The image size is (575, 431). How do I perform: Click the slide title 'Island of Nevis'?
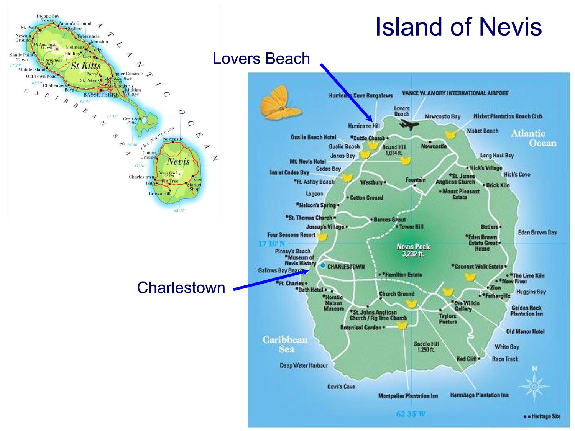click(x=458, y=27)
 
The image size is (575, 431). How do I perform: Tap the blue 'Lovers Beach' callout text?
click(x=261, y=59)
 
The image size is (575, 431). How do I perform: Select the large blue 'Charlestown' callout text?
click(x=181, y=287)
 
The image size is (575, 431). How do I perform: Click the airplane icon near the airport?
click(x=409, y=124)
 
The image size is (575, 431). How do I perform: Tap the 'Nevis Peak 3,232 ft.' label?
click(x=413, y=250)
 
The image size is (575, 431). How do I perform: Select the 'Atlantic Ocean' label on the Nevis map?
click(x=534, y=138)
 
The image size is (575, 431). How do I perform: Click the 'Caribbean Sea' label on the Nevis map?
click(x=285, y=344)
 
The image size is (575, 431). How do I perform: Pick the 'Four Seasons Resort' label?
click(x=291, y=234)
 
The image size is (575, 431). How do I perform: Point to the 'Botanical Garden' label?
click(x=361, y=327)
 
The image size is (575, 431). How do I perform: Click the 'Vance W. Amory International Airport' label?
click(x=455, y=93)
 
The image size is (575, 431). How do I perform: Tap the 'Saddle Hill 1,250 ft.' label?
click(x=426, y=347)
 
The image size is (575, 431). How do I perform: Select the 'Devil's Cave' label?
click(x=341, y=387)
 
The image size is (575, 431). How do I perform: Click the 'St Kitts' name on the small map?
click(x=85, y=66)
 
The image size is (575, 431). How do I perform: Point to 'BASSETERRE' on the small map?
click(x=101, y=95)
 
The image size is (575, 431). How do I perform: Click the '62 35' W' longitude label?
click(x=411, y=414)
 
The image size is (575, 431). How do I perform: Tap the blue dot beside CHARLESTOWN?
click(x=323, y=265)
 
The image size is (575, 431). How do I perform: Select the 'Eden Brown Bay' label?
click(x=537, y=232)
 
